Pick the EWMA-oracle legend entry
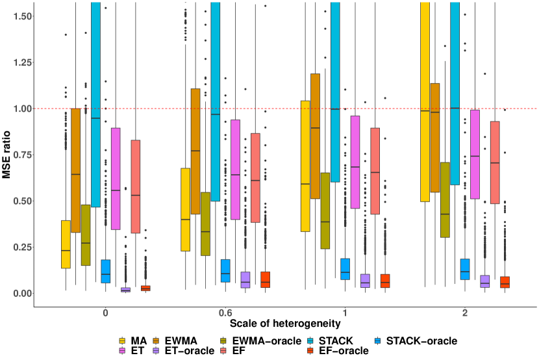(x=259, y=340)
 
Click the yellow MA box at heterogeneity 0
(x=66, y=244)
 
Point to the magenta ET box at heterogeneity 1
(x=355, y=162)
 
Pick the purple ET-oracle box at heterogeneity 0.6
(x=245, y=279)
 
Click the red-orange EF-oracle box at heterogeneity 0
(x=145, y=288)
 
